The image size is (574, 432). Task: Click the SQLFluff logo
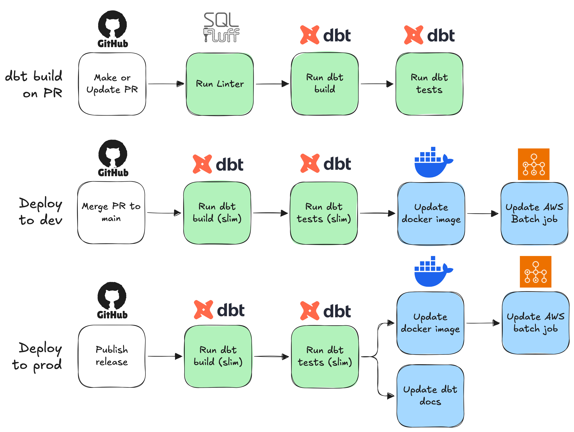tap(221, 27)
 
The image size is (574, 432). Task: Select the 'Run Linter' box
tap(220, 84)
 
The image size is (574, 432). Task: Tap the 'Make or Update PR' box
tap(112, 84)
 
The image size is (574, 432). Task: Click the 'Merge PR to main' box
tap(111, 213)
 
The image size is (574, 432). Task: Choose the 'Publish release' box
tap(112, 356)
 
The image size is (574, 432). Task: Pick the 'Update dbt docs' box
tap(430, 396)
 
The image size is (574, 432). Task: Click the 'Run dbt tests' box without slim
tap(429, 84)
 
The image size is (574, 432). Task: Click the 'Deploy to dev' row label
tap(41, 211)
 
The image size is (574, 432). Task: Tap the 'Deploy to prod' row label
tap(38, 356)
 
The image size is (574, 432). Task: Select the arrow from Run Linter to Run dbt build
tap(272, 84)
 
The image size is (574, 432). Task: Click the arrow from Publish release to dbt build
tap(165, 356)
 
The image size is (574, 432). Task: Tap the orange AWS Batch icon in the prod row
tap(535, 272)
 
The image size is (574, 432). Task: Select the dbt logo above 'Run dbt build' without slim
tap(325, 35)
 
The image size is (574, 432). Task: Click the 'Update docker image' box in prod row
tap(430, 323)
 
